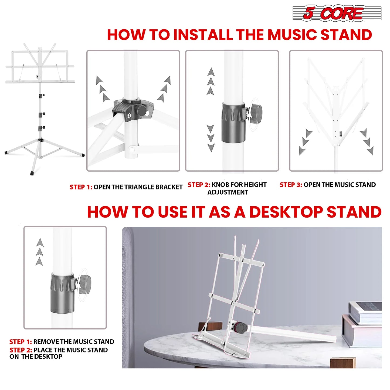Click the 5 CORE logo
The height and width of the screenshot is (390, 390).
337,13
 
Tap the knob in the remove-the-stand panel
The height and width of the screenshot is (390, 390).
85,282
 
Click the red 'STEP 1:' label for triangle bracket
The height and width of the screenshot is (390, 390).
81,187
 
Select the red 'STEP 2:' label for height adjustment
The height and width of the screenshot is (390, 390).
199,185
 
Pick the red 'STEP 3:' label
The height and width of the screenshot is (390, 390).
291,185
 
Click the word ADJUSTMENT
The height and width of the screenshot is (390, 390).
228,192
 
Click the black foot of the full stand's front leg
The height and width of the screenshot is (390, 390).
32,173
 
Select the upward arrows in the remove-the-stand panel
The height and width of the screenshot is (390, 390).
40,252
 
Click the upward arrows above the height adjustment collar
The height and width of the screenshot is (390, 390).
211,81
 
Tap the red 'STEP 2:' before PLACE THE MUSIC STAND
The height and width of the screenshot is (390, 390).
21,350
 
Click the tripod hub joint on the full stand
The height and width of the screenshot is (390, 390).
40,140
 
